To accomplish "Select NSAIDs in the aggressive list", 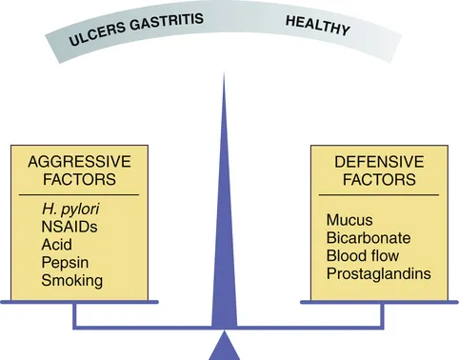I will pyautogui.click(x=69, y=228).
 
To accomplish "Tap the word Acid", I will pyautogui.click(x=57, y=245).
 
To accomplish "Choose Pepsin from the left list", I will pyautogui.click(x=63, y=262).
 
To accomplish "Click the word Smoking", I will pyautogui.click(x=71, y=280).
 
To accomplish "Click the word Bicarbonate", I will pyautogui.click(x=366, y=238).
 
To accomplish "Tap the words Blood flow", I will pyautogui.click(x=364, y=255).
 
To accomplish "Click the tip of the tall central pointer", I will pyautogui.click(x=224, y=76).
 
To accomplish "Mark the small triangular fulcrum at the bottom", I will pyautogui.click(x=225, y=347).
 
